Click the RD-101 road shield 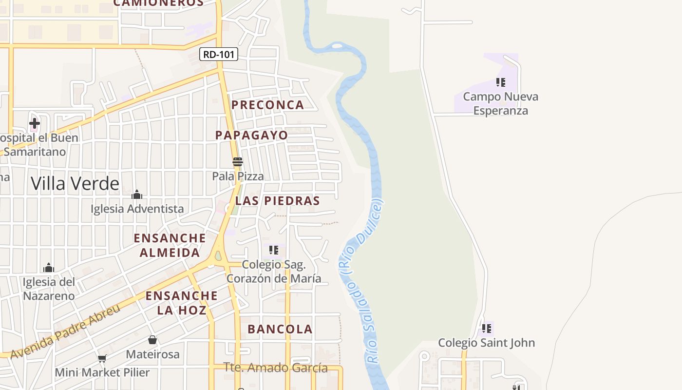[x=219, y=54]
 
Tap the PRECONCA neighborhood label [x=267, y=105]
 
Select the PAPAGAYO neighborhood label [x=252, y=135]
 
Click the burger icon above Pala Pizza [x=238, y=162]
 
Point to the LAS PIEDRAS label [x=278, y=201]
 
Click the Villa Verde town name [x=75, y=184]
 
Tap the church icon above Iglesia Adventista [x=137, y=195]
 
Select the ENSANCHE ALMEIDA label [x=170, y=245]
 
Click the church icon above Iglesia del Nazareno [x=49, y=268]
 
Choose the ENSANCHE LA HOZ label [x=181, y=303]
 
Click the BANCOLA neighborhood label [x=280, y=329]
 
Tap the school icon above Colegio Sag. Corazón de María [x=274, y=250]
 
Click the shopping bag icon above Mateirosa [x=152, y=340]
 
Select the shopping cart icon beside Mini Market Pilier [x=102, y=359]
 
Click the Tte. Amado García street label [x=275, y=368]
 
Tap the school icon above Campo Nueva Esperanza [x=501, y=82]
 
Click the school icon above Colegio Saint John [x=486, y=329]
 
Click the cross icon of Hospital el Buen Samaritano [x=35, y=123]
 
